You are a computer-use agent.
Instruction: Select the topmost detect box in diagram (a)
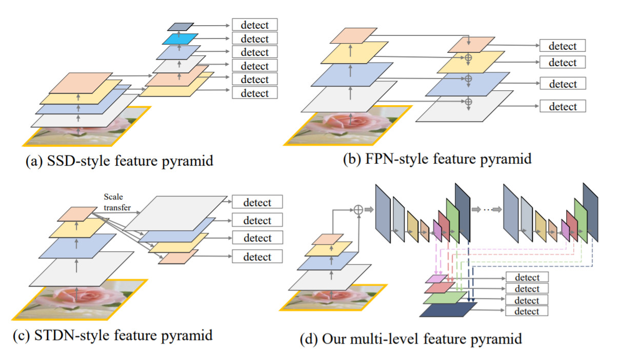click(x=254, y=25)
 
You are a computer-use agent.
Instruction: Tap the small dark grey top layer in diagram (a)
click(x=180, y=26)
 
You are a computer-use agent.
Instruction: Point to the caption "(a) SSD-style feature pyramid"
click(x=119, y=162)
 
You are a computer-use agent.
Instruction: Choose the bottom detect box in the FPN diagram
click(x=562, y=107)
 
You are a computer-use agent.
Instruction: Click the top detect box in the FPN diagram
click(x=562, y=46)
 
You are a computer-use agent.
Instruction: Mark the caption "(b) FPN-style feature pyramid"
click(x=437, y=159)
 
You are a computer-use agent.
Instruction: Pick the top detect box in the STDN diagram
click(x=257, y=202)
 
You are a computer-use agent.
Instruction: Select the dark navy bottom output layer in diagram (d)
click(x=448, y=310)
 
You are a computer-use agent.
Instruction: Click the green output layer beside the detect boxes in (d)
click(x=445, y=298)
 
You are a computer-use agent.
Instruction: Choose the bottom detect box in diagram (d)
click(x=527, y=311)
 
